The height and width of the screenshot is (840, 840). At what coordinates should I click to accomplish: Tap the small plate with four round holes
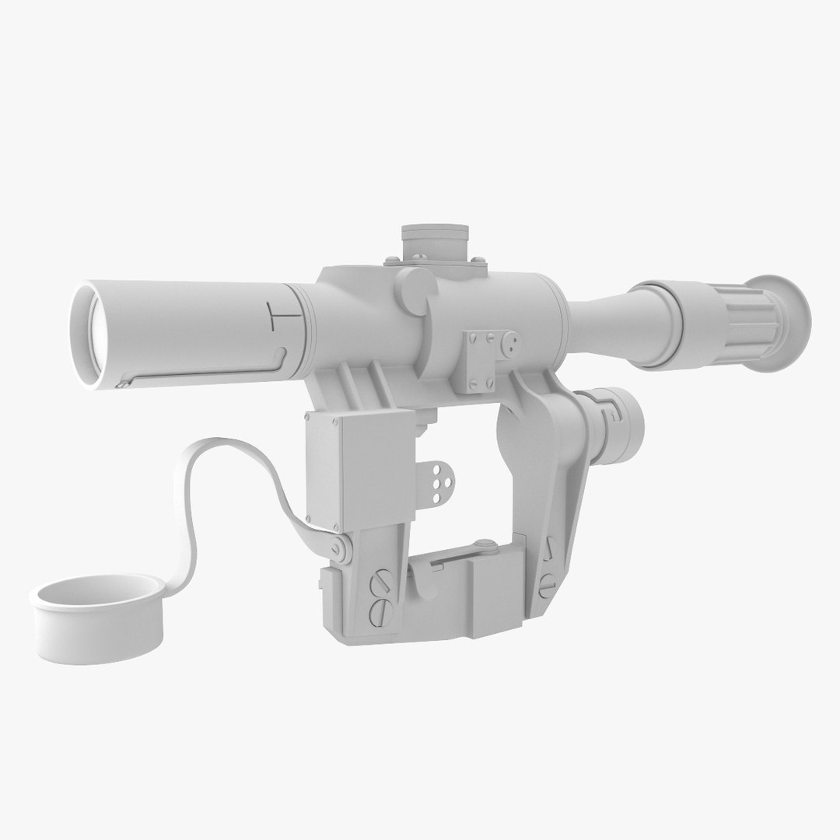(x=443, y=482)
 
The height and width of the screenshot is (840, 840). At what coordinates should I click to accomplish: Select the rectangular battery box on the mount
(x=359, y=467)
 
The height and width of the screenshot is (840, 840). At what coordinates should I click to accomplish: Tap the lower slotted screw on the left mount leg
(x=382, y=610)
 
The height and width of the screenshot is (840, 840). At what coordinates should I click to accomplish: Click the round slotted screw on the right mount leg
(x=547, y=579)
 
